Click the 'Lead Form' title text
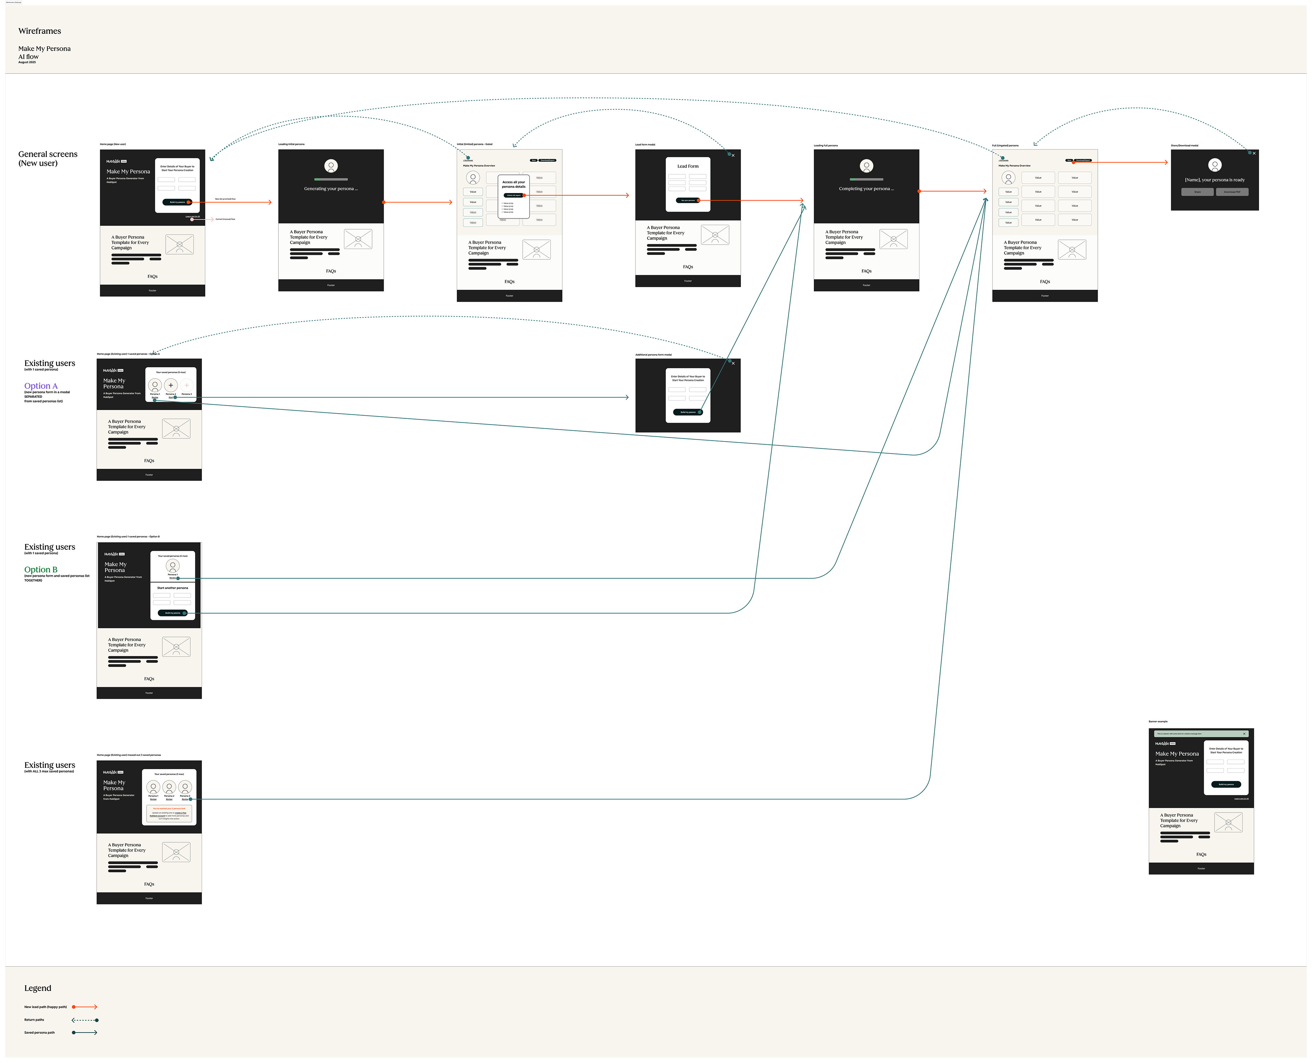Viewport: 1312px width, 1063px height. coord(687,166)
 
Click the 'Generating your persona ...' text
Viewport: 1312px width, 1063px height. coord(331,189)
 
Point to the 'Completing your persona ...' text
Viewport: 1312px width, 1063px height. coord(866,189)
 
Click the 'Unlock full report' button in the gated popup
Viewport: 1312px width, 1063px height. coord(514,195)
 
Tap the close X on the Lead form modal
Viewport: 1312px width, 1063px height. coord(733,155)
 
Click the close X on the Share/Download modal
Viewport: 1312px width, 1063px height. coord(1254,153)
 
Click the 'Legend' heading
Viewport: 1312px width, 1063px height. coord(37,988)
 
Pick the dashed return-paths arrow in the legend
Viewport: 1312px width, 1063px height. coord(85,1020)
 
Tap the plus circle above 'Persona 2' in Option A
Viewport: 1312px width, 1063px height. coord(171,385)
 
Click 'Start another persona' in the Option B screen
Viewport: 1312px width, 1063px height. coord(173,588)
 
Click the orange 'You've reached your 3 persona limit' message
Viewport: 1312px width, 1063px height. coord(169,808)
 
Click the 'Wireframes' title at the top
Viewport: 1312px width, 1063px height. coord(40,31)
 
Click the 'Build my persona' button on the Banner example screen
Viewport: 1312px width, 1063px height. coord(1226,785)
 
